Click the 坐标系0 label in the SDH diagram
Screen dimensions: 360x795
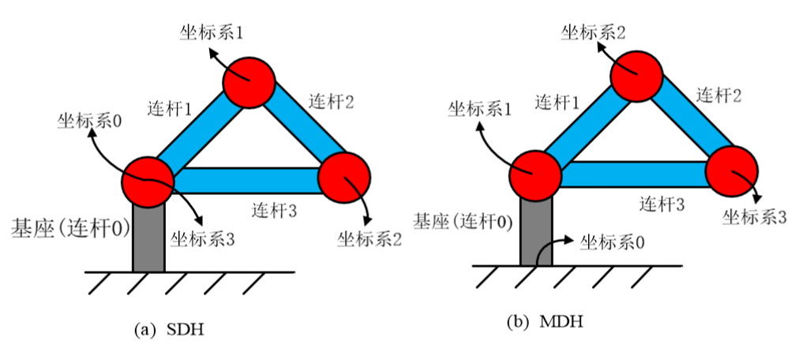(88, 122)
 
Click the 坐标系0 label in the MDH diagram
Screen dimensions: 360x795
(611, 240)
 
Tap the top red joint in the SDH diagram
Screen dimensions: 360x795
(248, 81)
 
